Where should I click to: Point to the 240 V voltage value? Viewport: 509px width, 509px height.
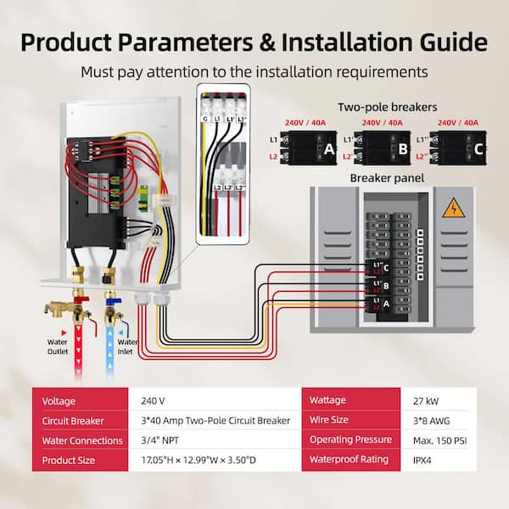pos(154,400)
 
